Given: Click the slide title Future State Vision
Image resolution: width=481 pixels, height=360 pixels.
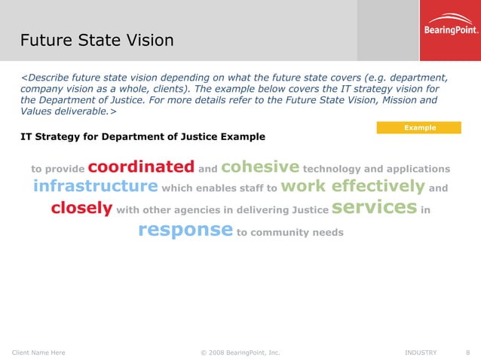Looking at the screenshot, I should click(97, 39).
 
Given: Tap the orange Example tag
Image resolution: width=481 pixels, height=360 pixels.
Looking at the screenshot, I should click(419, 128).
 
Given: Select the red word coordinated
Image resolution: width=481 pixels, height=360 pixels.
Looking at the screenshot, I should click(141, 166).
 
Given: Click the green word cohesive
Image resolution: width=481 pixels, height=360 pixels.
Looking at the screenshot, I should click(260, 166).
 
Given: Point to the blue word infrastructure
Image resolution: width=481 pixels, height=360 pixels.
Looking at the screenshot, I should click(95, 186).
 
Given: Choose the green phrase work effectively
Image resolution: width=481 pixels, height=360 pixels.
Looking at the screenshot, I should click(354, 186).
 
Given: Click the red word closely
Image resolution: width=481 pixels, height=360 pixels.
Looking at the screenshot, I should click(81, 208).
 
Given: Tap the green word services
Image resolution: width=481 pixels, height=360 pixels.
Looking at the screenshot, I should click(374, 207).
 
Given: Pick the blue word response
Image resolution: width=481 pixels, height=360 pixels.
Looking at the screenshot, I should click(185, 230).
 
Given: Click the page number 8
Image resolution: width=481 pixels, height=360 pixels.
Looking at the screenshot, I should click(468, 352).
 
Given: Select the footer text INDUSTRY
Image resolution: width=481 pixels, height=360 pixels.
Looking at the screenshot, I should click(421, 352).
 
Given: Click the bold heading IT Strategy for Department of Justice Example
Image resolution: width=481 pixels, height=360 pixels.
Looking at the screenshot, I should click(142, 137).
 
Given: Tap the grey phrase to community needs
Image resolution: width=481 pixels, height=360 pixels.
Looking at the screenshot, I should click(290, 233).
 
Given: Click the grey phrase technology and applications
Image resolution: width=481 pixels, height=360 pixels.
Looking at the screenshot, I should click(376, 169).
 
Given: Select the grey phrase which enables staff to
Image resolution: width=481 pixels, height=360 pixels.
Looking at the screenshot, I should click(219, 188).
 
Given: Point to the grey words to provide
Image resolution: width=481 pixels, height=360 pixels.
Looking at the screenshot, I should click(57, 169).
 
